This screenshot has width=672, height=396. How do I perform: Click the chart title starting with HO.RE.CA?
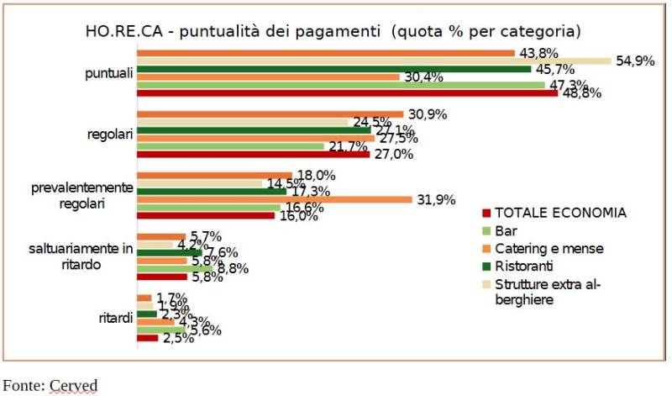coord(333,32)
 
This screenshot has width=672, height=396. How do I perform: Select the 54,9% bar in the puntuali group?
coord(374,61)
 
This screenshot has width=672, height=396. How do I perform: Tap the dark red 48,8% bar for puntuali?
coord(347,93)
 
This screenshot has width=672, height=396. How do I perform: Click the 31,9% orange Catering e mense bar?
coord(274,199)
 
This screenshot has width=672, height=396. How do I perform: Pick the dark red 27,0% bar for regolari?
coord(253,154)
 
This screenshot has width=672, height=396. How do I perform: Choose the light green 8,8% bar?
coord(171,269)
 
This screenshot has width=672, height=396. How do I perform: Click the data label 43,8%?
coord(540,53)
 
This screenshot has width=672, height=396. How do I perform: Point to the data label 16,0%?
coord(298,216)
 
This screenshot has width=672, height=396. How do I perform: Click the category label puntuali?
coord(109,73)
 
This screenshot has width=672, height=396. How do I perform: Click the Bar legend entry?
coord(506,230)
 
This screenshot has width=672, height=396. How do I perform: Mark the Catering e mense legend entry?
coord(549,248)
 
